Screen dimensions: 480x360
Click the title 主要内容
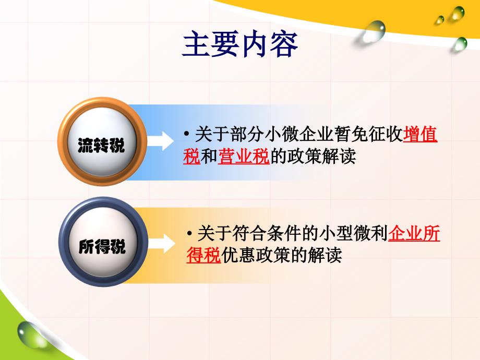(x=240, y=44)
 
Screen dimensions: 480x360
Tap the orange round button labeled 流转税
(x=102, y=141)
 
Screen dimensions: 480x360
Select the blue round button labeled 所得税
(x=103, y=242)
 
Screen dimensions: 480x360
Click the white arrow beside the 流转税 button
(x=160, y=141)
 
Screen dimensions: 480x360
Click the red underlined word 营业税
(x=244, y=156)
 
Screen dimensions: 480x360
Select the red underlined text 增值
(x=421, y=135)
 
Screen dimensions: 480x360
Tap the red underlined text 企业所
(x=414, y=233)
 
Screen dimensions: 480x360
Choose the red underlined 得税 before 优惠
(x=203, y=255)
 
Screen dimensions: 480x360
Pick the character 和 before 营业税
(x=209, y=156)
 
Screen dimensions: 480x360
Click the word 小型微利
(x=353, y=233)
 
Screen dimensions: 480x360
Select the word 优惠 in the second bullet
(x=238, y=255)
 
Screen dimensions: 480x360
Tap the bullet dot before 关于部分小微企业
(x=186, y=134)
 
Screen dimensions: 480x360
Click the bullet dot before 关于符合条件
(x=190, y=234)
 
